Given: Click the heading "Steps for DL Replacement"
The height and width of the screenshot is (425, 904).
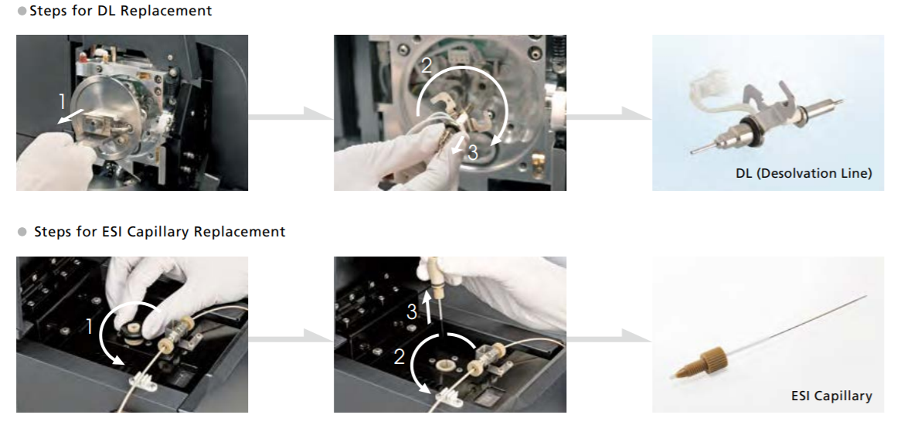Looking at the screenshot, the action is [x=121, y=10].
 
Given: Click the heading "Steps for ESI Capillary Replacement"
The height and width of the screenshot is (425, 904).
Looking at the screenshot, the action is [x=160, y=232].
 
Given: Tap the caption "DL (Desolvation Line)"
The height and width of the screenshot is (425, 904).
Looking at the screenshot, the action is [x=804, y=173].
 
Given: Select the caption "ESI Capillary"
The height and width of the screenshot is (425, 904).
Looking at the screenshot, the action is [x=831, y=396].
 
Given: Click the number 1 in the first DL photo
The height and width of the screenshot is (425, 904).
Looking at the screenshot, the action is [x=63, y=102].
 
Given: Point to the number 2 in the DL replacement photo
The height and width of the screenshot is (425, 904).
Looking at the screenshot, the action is [x=426, y=66].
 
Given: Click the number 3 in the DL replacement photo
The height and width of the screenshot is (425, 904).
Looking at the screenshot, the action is [x=473, y=152].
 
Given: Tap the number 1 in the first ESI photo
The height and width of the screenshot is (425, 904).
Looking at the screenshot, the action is [x=90, y=327].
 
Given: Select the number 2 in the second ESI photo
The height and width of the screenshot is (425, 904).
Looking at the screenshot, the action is [x=399, y=357].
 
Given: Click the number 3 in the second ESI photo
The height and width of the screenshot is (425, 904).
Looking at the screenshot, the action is [x=412, y=312].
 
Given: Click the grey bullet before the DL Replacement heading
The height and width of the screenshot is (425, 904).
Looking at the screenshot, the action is [x=22, y=11].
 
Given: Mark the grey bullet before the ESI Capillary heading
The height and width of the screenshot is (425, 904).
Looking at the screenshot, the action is [x=22, y=232].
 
